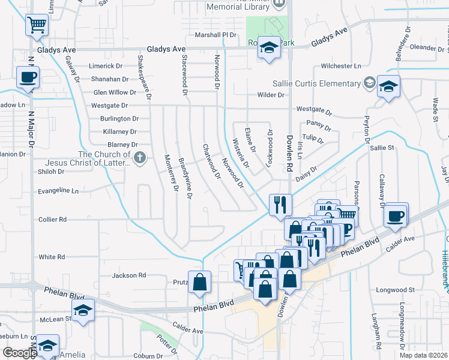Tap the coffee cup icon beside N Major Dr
(28, 77)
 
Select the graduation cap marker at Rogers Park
(268, 48)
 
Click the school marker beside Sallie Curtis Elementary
(388, 87)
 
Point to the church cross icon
(140, 158)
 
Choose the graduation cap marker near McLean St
(83, 310)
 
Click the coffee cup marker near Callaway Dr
(396, 216)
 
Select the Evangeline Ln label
(58, 191)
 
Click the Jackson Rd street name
(129, 275)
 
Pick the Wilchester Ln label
(341, 65)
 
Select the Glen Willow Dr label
(115, 92)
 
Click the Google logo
(20, 353)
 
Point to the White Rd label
(52, 257)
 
